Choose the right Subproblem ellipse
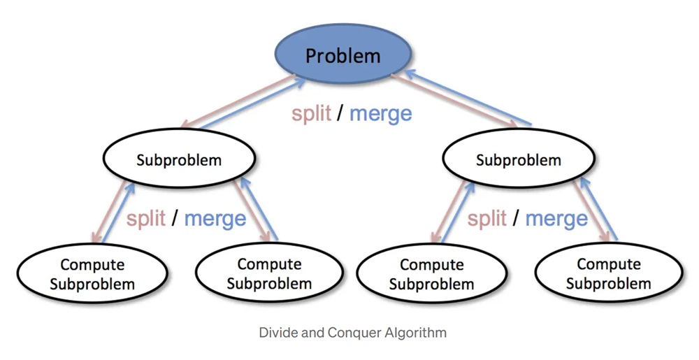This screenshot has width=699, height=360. [518, 159]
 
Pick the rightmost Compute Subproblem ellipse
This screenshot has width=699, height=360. [608, 274]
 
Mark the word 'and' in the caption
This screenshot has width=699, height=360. [313, 332]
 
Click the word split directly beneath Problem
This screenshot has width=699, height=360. [311, 113]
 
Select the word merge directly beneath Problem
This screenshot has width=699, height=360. [380, 113]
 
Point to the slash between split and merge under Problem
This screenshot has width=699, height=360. [340, 113]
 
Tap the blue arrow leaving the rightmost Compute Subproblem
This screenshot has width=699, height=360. [601, 210]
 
